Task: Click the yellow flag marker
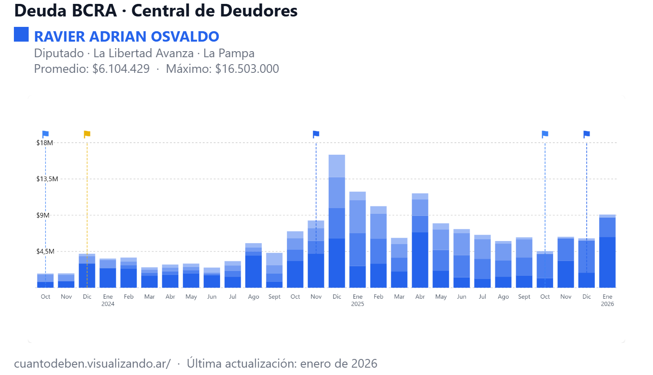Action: pyautogui.click(x=87, y=134)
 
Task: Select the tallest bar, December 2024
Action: pyautogui.click(x=337, y=221)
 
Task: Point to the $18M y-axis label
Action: pyautogui.click(x=45, y=143)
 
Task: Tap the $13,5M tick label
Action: pyautogui.click(x=47, y=179)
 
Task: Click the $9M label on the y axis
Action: pyautogui.click(x=43, y=215)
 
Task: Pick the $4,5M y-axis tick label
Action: pyautogui.click(x=45, y=251)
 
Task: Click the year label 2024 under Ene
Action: pyautogui.click(x=108, y=304)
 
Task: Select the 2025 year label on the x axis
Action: pyautogui.click(x=358, y=304)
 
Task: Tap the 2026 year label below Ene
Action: pyautogui.click(x=607, y=304)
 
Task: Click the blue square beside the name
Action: pyautogui.click(x=21, y=35)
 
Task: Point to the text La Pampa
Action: pyautogui.click(x=229, y=53)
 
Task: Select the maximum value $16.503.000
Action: pyautogui.click(x=247, y=69)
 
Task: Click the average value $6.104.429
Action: pyautogui.click(x=121, y=69)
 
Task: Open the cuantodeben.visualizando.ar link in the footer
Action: pyautogui.click(x=92, y=363)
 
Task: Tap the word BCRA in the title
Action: pyautogui.click(x=95, y=11)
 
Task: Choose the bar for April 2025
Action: pyautogui.click(x=420, y=241)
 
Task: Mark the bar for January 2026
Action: pyautogui.click(x=607, y=251)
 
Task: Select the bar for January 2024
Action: pyautogui.click(x=108, y=273)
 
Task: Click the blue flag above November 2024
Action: pyautogui.click(x=316, y=134)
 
